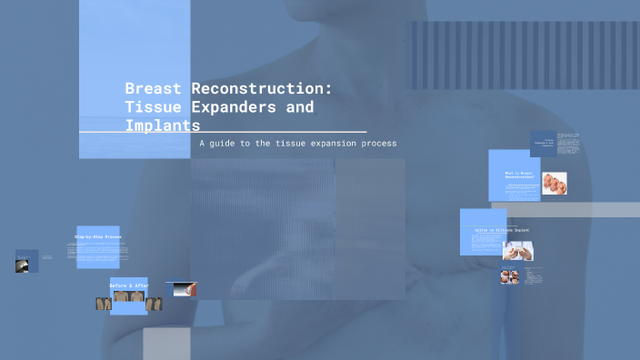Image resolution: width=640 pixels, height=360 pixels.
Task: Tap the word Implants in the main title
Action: pyautogui.click(x=163, y=125)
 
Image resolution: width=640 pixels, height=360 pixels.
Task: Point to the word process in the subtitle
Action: pyautogui.click(x=377, y=144)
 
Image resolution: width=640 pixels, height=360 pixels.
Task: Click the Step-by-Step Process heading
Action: pyautogui.click(x=98, y=237)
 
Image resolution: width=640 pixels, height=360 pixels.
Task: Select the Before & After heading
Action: pyautogui.click(x=128, y=285)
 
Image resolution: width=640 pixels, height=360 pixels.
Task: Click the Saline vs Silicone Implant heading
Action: pyautogui.click(x=501, y=231)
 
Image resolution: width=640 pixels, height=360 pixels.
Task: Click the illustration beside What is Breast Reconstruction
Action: pyautogui.click(x=555, y=183)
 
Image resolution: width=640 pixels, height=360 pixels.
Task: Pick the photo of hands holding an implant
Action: pyautogui.click(x=518, y=251)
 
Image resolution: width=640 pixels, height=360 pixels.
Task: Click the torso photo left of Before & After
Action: pyautogui.click(x=104, y=304)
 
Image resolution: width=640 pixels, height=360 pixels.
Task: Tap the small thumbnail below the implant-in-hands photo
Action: pyautogui.click(x=509, y=276)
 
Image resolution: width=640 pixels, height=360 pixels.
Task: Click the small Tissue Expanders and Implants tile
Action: pyautogui.click(x=543, y=144)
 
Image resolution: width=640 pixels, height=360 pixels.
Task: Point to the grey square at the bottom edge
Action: pyautogui.click(x=166, y=344)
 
